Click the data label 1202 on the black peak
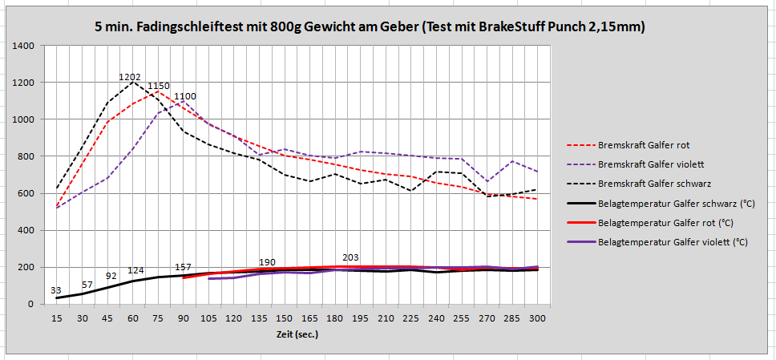(130, 78)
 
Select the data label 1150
(158, 86)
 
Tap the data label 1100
(184, 96)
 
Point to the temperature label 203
(350, 257)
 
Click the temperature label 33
(56, 290)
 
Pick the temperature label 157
(183, 267)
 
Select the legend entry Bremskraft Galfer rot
(643, 145)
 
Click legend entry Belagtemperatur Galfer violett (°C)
(673, 241)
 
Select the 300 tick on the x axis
(537, 318)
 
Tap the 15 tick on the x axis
(56, 318)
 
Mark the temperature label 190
(268, 263)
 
